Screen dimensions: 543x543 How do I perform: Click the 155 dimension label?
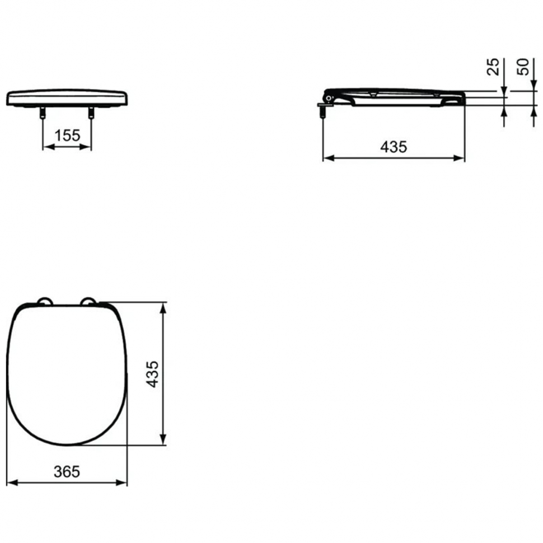pyautogui.click(x=67, y=135)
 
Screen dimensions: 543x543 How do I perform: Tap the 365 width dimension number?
pyautogui.click(x=67, y=471)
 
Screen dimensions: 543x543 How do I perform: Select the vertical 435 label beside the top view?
pyautogui.click(x=152, y=374)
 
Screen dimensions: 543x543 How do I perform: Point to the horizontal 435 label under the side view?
pyautogui.click(x=394, y=147)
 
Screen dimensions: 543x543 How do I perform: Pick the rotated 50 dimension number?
pyautogui.click(x=523, y=67)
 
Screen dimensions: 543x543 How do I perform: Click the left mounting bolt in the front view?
pyautogui.click(x=43, y=112)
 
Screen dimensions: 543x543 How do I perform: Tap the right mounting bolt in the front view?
pyautogui.click(x=91, y=112)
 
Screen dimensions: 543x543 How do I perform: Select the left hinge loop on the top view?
pyautogui.click(x=45, y=301)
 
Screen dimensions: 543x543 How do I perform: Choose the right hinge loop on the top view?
pyautogui.click(x=88, y=301)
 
